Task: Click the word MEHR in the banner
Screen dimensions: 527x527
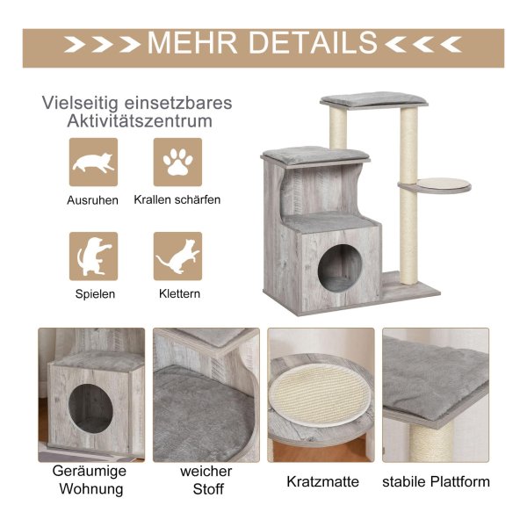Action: point(192,43)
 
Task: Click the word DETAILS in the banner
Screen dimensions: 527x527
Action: point(313,43)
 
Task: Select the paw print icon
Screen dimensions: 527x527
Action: point(177,162)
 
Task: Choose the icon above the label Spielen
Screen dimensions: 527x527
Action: point(93,256)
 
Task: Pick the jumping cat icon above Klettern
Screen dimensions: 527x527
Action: point(177,256)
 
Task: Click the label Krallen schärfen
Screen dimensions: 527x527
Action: point(177,199)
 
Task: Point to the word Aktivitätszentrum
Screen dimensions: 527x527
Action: point(140,121)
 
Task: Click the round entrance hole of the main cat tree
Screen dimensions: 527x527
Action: point(340,266)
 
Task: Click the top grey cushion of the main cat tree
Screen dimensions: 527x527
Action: point(374,100)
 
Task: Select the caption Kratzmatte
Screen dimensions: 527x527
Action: point(322,481)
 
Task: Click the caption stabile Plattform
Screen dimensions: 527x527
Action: point(436,481)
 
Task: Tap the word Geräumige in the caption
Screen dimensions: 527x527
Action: point(90,471)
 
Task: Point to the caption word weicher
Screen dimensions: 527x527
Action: point(206,471)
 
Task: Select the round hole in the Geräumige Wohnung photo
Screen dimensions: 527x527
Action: point(90,408)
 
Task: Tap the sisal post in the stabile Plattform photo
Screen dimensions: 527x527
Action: point(431,443)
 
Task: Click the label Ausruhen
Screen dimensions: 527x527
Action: point(92,200)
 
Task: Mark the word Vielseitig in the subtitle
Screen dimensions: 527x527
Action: point(80,103)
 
